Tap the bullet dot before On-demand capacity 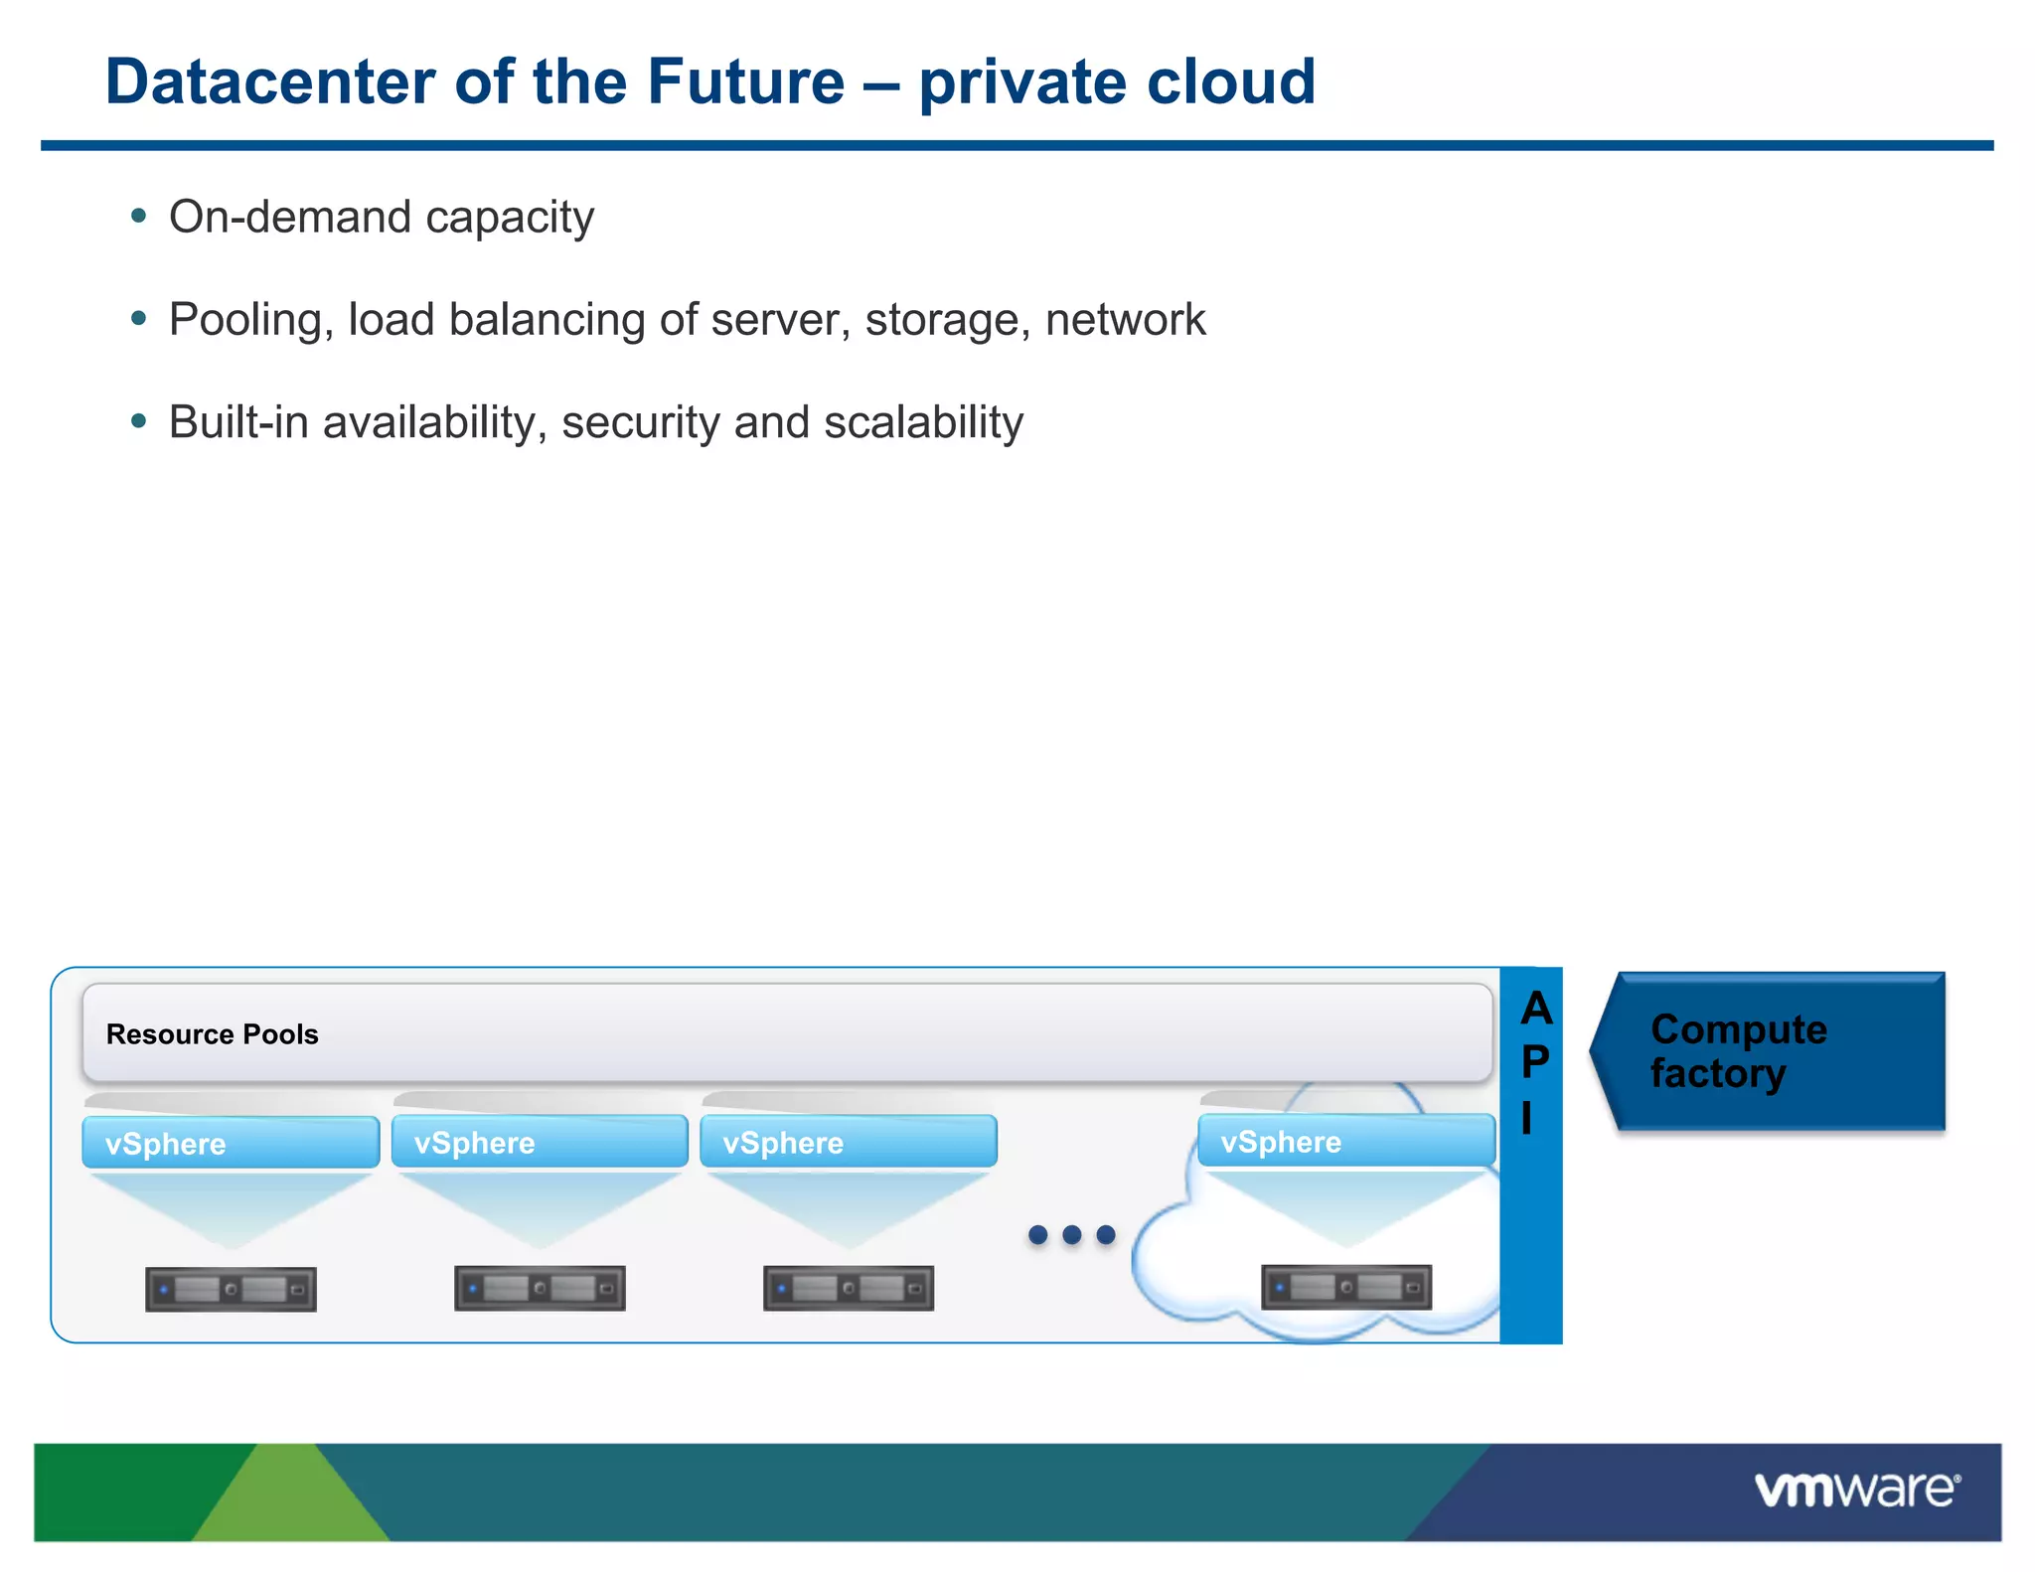pos(139,216)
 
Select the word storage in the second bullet pos(947,320)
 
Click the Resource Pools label pos(212,1034)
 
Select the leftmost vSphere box pos(231,1143)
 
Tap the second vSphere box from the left pos(540,1142)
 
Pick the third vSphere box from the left pos(848,1142)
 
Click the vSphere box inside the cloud pos(1345,1141)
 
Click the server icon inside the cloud pos(1345,1287)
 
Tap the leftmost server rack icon pos(231,1289)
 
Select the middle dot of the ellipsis pos(1071,1234)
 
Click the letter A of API pos(1536,1009)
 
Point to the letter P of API pos(1535,1062)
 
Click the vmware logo pos(1856,1491)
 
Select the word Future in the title pos(745,81)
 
